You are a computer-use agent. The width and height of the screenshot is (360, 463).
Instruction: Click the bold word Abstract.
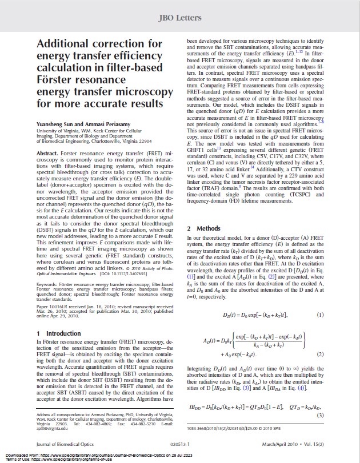pos(49,153)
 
